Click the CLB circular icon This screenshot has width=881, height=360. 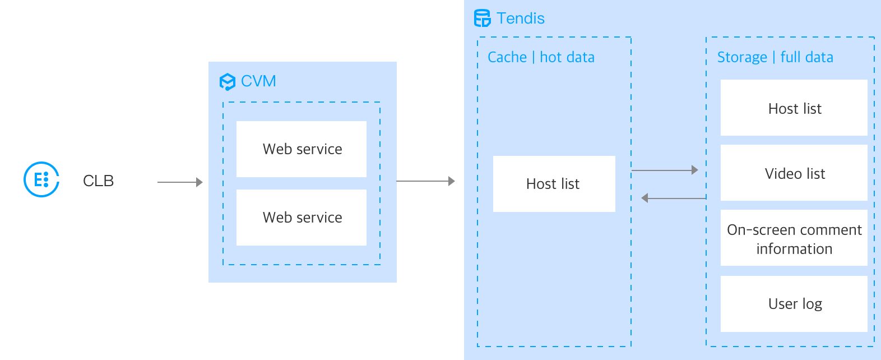pyautogui.click(x=41, y=179)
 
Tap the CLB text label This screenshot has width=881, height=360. pyautogui.click(x=98, y=181)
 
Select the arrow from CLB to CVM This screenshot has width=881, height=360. pyautogui.click(x=180, y=182)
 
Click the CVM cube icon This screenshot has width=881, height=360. pyautogui.click(x=227, y=82)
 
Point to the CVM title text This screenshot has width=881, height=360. pyautogui.click(x=258, y=81)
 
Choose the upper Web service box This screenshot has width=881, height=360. pyautogui.click(x=302, y=149)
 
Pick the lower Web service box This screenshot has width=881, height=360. pyautogui.click(x=302, y=218)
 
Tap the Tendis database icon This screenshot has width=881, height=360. pyautogui.click(x=482, y=19)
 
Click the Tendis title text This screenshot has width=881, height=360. pyautogui.click(x=521, y=19)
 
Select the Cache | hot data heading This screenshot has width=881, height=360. pyautogui.click(x=541, y=57)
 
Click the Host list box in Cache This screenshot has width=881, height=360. pyautogui.click(x=554, y=184)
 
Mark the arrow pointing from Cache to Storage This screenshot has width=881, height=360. pyautogui.click(x=665, y=170)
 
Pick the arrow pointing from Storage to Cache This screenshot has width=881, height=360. pyautogui.click(x=674, y=198)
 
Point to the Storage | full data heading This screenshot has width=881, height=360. pyautogui.click(x=775, y=57)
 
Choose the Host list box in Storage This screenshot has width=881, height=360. pyautogui.click(x=794, y=108)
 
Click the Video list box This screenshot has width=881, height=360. pyautogui.click(x=794, y=173)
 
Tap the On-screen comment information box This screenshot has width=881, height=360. pyautogui.click(x=794, y=239)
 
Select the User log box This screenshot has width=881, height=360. pyautogui.click(x=794, y=304)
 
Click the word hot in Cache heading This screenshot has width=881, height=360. pyautogui.click(x=550, y=57)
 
